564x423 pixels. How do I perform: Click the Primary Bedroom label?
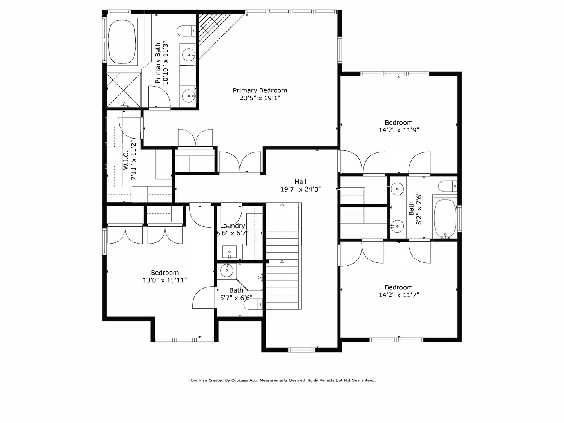tap(260, 90)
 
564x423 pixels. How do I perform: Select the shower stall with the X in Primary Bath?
tap(123, 90)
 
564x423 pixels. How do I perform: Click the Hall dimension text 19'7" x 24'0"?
tap(300, 189)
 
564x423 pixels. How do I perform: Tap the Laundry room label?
tap(232, 226)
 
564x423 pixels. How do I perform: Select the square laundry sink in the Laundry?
tap(230, 251)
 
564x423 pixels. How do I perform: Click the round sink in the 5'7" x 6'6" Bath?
tap(227, 270)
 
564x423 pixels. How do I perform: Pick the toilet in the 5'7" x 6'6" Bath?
tap(255, 304)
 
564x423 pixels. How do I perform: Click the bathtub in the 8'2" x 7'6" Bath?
tap(445, 218)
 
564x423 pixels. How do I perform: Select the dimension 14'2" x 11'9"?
tap(399, 130)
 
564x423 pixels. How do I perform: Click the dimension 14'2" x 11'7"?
tap(399, 295)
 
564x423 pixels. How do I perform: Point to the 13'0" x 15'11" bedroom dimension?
tap(165, 280)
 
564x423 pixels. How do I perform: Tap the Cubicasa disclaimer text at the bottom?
tap(282, 380)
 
